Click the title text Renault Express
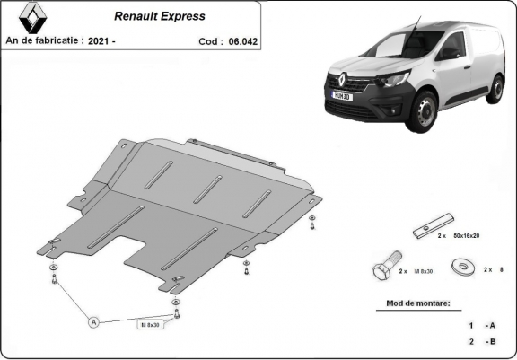159,16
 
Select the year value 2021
101,40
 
